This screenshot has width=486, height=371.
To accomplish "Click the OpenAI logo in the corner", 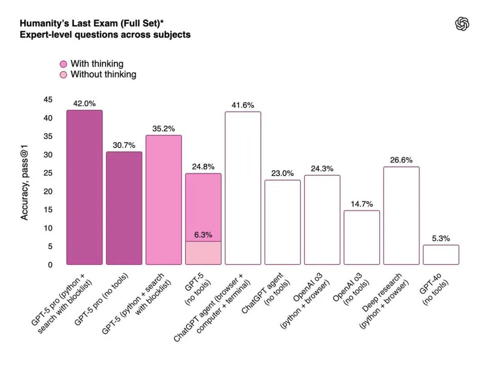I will (462, 24).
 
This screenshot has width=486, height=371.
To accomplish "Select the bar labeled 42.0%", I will (84, 187).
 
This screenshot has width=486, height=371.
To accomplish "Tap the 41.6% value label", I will (243, 105).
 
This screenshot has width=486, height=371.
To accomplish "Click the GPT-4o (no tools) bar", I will (441, 254).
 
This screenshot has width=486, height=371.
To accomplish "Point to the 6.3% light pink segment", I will (203, 253).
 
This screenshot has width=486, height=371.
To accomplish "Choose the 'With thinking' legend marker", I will (63, 64).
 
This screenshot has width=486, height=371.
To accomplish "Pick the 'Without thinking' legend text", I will (103, 74).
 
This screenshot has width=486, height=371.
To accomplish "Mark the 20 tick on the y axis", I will (48, 191).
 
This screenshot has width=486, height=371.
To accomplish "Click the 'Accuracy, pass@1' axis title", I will (25, 182).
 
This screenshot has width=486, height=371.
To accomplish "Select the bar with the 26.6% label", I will (401, 215).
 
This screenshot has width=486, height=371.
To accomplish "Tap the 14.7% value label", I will (362, 204).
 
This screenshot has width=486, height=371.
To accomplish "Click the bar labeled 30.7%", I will (124, 208).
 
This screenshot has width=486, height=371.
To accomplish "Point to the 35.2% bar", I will (164, 199).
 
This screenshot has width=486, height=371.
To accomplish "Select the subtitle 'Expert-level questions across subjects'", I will (105, 35).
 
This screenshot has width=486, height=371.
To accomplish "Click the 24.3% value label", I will (322, 169).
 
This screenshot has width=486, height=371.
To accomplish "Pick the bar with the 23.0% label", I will (283, 222).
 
